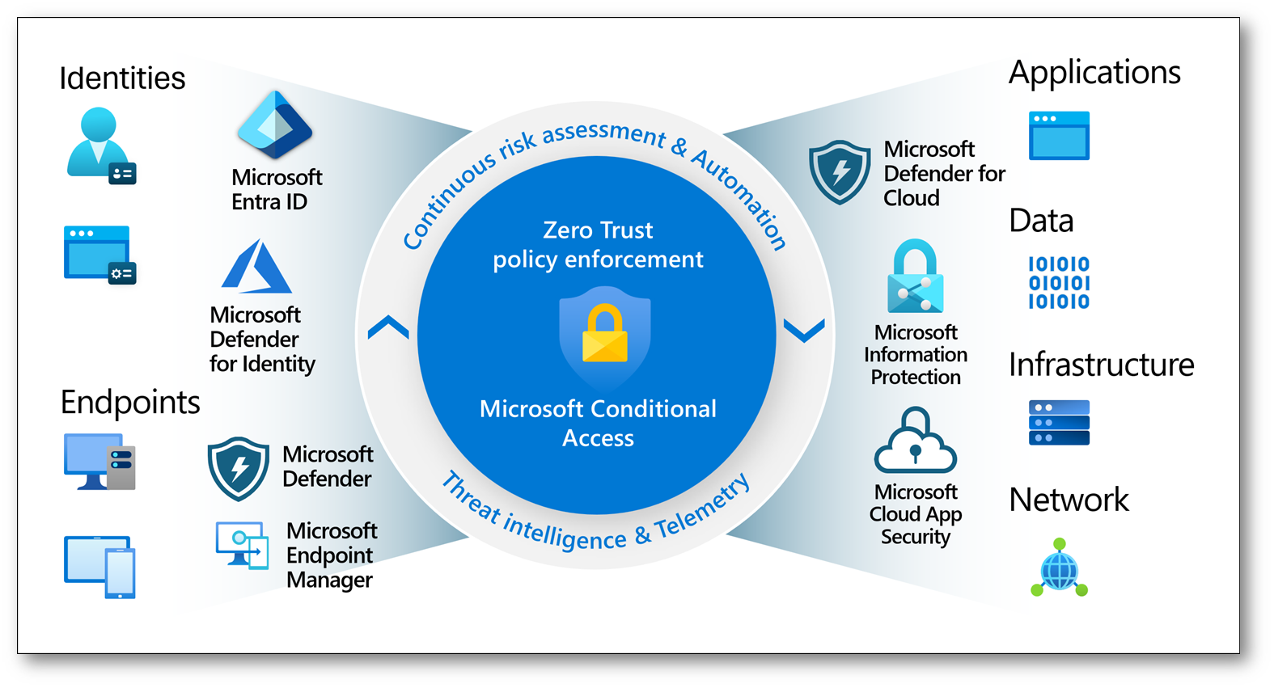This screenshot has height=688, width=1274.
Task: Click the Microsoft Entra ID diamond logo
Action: point(275,125)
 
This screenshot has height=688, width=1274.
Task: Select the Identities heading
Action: point(122,78)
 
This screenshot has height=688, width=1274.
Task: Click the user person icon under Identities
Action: point(99,146)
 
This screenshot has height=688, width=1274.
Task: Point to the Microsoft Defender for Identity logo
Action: point(256,267)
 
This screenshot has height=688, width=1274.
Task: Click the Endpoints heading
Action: point(130,402)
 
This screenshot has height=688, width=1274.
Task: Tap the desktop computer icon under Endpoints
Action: point(99,462)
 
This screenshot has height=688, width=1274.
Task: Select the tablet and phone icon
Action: point(99,567)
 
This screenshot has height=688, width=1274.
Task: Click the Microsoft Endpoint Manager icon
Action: point(242,545)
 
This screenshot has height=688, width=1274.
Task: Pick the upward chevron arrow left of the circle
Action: point(388,327)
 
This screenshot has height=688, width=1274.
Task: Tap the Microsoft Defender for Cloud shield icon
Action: point(840,171)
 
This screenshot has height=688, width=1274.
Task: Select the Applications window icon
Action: point(1059,136)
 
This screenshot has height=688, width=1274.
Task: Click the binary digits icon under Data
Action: point(1059,283)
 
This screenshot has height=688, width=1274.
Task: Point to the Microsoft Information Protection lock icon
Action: point(915,276)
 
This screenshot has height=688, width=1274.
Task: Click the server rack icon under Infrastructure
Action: point(1059,423)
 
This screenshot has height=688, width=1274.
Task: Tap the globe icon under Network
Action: point(1059,569)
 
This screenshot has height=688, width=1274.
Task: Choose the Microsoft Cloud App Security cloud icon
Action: point(915,441)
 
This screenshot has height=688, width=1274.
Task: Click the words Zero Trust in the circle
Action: point(598,230)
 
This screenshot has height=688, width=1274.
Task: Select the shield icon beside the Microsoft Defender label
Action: point(238,468)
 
